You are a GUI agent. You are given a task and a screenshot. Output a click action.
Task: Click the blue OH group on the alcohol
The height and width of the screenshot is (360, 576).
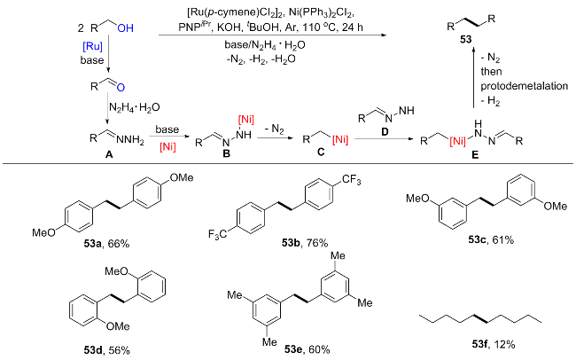click(x=126, y=28)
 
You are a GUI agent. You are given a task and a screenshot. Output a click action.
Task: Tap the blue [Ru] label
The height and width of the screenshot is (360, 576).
click(x=92, y=47)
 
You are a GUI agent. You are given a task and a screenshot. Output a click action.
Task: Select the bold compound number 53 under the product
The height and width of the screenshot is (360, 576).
click(x=465, y=39)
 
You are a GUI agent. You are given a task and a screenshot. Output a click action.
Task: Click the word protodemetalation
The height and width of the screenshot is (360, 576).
click(x=525, y=86)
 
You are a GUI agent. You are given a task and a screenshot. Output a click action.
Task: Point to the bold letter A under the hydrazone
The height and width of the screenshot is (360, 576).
click(x=109, y=155)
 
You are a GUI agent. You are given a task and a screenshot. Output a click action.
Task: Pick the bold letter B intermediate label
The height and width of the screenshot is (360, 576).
click(x=226, y=153)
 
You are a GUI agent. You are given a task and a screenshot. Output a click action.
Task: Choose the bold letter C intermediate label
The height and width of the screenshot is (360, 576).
click(x=321, y=152)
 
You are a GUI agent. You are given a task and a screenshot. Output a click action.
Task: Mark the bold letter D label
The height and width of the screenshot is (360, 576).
click(x=385, y=131)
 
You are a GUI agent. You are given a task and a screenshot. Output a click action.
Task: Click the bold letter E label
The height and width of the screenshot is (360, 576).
click(x=475, y=155)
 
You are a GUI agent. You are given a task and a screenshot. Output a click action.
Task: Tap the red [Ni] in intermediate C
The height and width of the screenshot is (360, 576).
click(x=339, y=140)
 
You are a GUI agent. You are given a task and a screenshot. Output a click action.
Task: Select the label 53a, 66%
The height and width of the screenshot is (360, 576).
click(x=106, y=244)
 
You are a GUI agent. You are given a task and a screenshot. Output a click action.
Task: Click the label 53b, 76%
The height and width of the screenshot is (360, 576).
click(x=305, y=243)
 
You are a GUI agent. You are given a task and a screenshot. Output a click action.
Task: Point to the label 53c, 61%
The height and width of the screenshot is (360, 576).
click(x=491, y=239)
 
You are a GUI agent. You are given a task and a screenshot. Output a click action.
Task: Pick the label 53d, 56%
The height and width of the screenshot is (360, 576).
click(x=106, y=350)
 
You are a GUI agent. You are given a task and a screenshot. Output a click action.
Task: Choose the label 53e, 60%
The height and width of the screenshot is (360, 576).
click(x=307, y=349)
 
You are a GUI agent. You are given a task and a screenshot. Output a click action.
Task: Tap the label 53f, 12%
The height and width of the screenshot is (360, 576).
click(x=494, y=344)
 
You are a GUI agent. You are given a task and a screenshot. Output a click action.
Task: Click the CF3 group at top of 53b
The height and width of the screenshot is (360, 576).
click(x=352, y=180)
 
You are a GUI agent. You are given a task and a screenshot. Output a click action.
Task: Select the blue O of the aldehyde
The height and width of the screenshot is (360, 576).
click(x=121, y=88)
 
